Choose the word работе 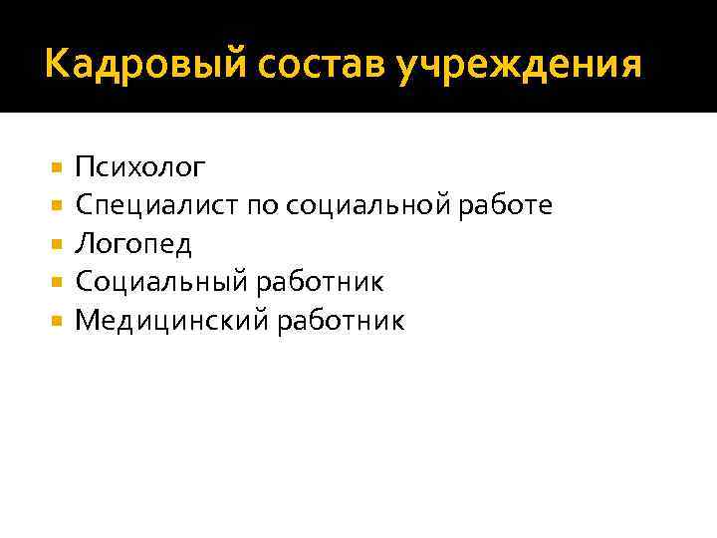tap(511, 205)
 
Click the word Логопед tap(133, 244)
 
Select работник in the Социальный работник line tap(319, 282)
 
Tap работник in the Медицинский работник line tap(341, 320)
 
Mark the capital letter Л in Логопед tap(85, 244)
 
